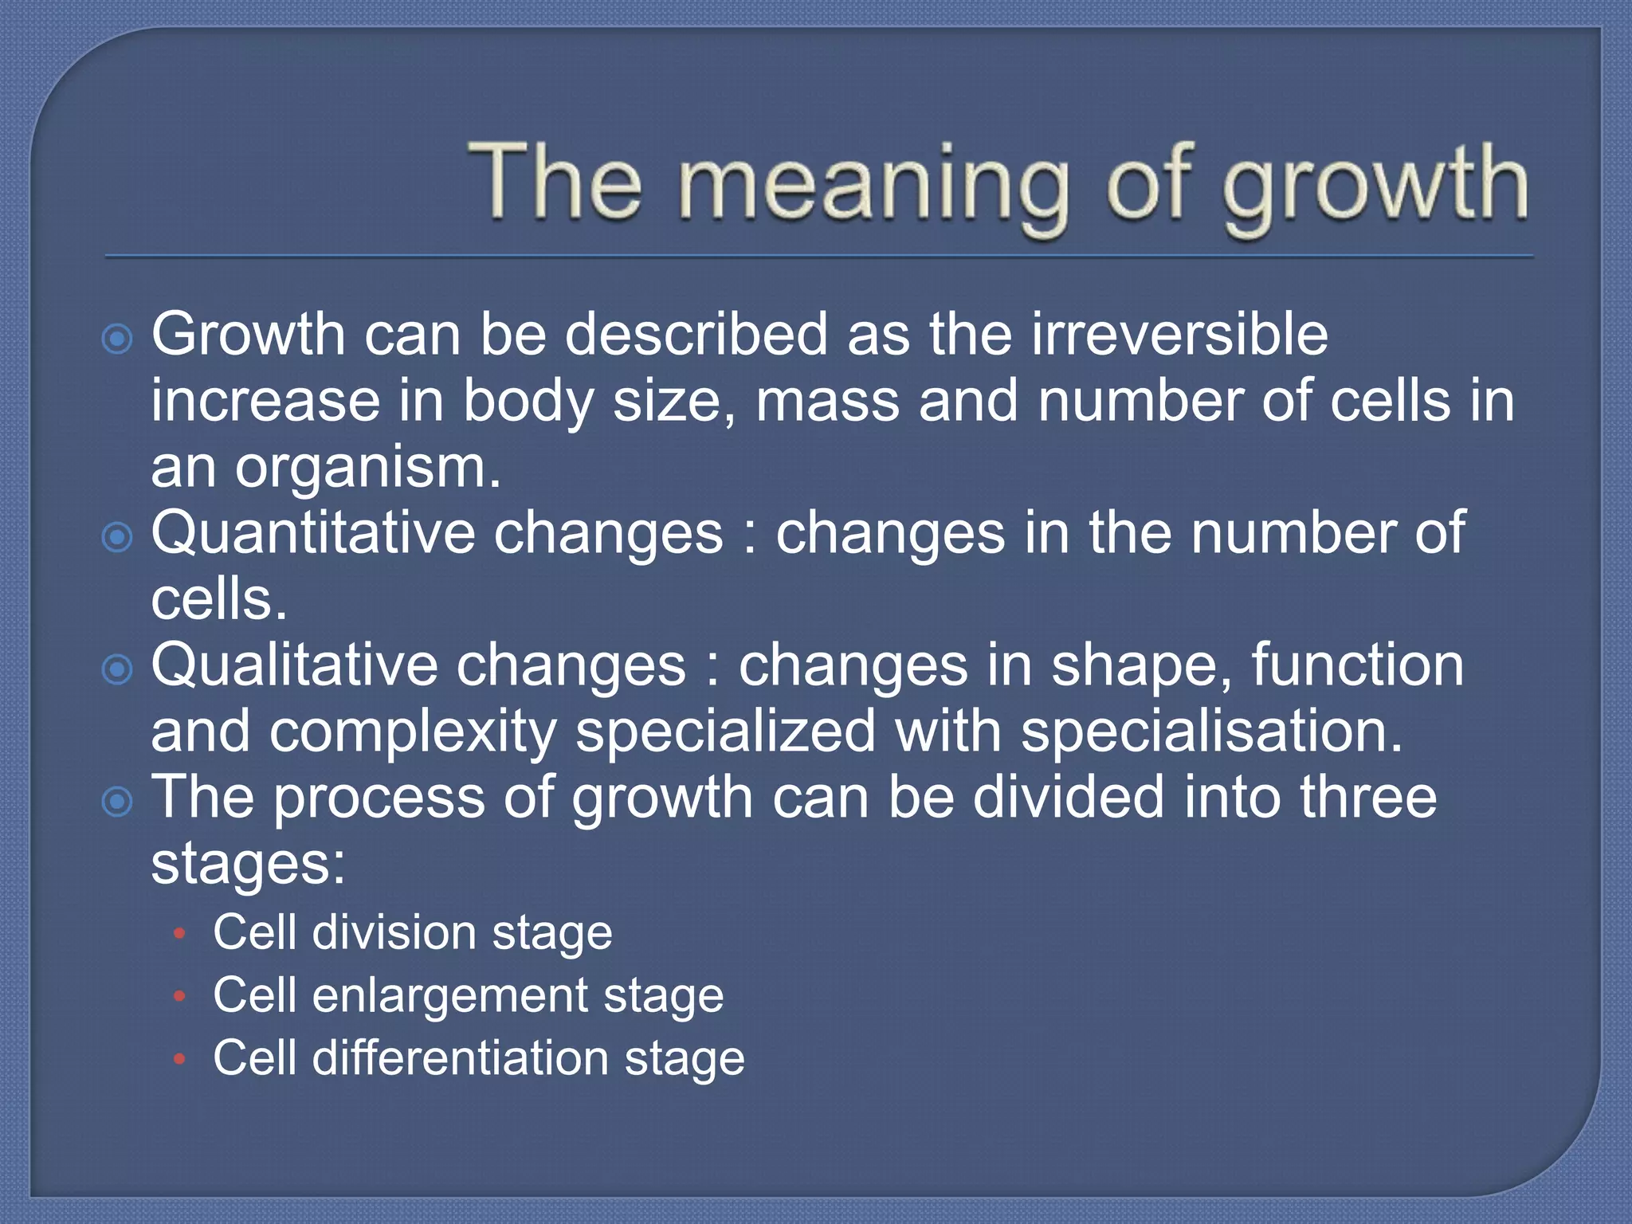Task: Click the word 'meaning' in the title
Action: (x=873, y=185)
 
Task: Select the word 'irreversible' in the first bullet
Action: (x=1179, y=334)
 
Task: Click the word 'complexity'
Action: (x=412, y=732)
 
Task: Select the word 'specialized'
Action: (x=725, y=732)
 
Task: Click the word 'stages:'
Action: (x=248, y=865)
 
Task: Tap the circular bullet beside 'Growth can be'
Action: (x=118, y=339)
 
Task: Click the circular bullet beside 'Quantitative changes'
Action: (x=118, y=538)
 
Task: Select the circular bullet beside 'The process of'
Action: (x=118, y=802)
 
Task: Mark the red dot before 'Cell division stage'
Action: (x=180, y=933)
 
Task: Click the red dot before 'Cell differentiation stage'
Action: (x=180, y=1059)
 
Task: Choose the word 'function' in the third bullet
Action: (x=1357, y=665)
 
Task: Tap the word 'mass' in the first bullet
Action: (x=828, y=401)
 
